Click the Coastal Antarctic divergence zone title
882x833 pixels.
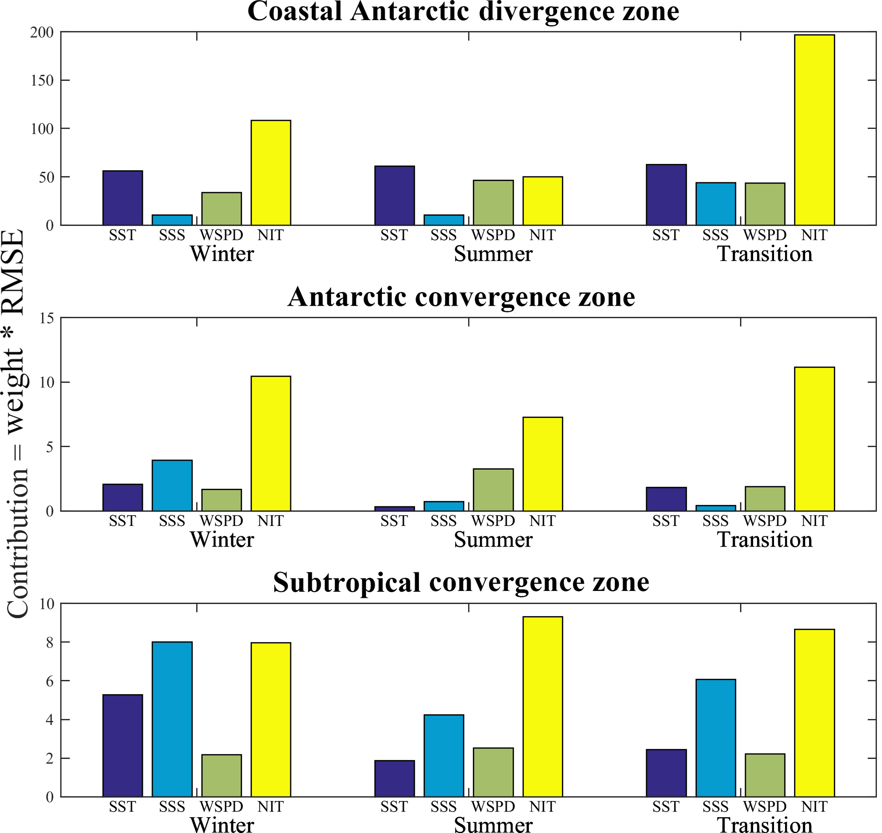[x=463, y=12]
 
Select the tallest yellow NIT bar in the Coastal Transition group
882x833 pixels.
[x=814, y=130]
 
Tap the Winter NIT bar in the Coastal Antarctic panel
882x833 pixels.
[x=271, y=172]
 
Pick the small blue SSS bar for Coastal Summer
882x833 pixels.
[x=443, y=220]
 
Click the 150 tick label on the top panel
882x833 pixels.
[x=42, y=80]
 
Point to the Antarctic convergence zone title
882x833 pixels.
[x=461, y=297]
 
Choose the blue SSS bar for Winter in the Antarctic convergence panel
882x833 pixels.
[x=172, y=485]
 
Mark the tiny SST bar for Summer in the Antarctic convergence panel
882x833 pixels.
[x=394, y=509]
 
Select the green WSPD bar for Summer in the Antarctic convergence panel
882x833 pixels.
[x=493, y=490]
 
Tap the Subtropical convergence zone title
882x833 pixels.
[x=461, y=582]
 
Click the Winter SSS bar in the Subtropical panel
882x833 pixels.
[x=172, y=719]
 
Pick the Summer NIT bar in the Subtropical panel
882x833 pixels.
[x=542, y=707]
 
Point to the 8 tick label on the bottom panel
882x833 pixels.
[x=49, y=643]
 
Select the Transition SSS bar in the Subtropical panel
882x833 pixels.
[x=715, y=738]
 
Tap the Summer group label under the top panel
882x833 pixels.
[x=493, y=254]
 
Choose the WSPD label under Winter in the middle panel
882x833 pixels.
[x=221, y=520]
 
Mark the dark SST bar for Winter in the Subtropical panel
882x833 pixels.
[x=122, y=745]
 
